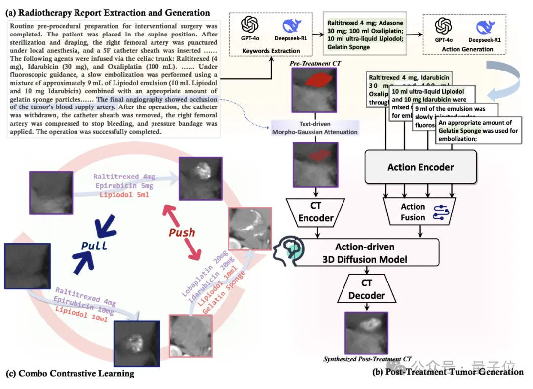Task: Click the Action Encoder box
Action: click(420, 167)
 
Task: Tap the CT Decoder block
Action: click(367, 289)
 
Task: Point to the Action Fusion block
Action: click(413, 212)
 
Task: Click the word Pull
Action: click(94, 245)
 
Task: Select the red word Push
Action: click(182, 232)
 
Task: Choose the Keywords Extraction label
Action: click(271, 51)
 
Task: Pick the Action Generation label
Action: click(467, 49)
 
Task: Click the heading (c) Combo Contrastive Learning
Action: click(70, 373)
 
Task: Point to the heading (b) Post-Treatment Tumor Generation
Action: click(448, 372)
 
